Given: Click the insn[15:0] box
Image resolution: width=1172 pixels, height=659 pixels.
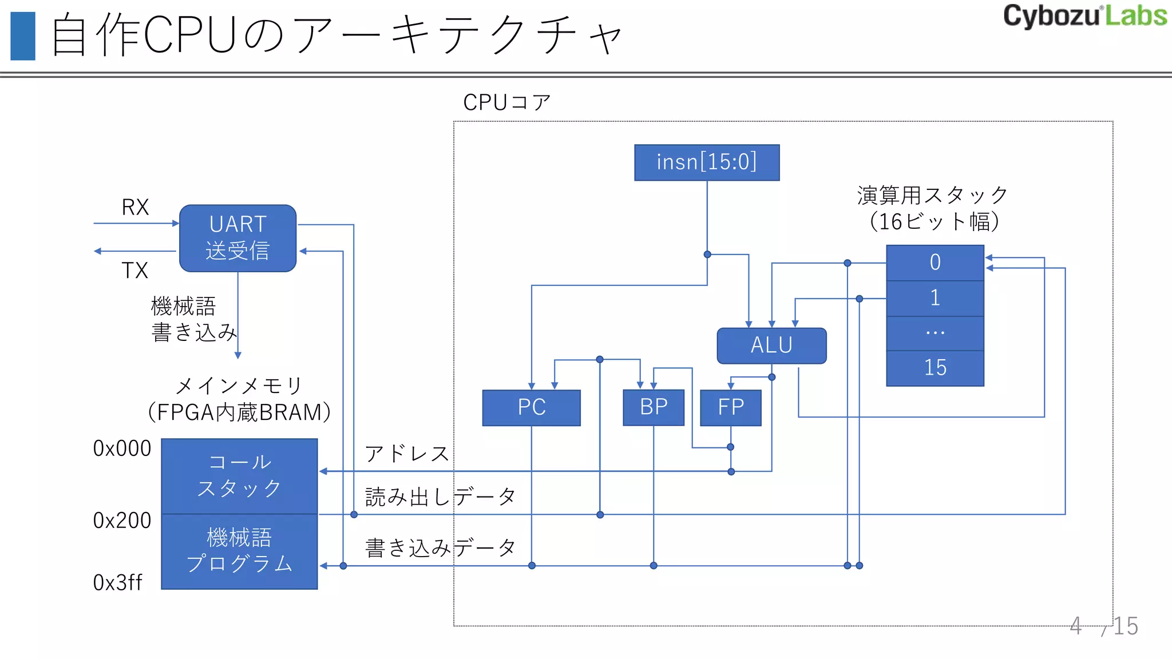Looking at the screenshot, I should pyautogui.click(x=707, y=162).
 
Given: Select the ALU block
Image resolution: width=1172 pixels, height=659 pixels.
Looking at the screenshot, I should pyautogui.click(x=771, y=346).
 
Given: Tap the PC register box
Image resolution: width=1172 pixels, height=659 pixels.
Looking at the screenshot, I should pyautogui.click(x=531, y=407).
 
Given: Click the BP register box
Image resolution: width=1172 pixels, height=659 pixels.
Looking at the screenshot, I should pyautogui.click(x=654, y=407).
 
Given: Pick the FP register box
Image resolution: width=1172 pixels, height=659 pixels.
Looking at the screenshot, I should pyautogui.click(x=731, y=407).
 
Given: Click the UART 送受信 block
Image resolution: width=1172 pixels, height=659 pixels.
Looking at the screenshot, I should pyautogui.click(x=237, y=238).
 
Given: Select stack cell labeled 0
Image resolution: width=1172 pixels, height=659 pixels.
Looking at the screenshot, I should pyautogui.click(x=935, y=263).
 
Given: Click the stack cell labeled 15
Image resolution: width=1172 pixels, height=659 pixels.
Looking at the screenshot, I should pyautogui.click(x=935, y=368).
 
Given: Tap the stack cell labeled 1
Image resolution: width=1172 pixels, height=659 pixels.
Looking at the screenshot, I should pyautogui.click(x=935, y=298).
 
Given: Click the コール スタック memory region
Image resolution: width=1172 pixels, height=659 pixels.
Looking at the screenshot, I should pyautogui.click(x=239, y=476).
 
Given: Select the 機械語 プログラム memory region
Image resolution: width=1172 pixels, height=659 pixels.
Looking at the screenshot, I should pyautogui.click(x=239, y=551).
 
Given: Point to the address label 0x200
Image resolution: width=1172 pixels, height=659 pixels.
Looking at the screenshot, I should pyautogui.click(x=122, y=521).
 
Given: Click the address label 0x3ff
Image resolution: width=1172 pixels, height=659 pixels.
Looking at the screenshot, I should pyautogui.click(x=117, y=583).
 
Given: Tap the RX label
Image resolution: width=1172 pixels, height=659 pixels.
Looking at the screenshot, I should pyautogui.click(x=135, y=207).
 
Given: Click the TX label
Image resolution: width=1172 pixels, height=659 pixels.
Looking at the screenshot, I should pyautogui.click(x=135, y=270).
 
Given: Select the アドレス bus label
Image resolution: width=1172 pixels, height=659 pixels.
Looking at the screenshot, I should pyautogui.click(x=407, y=454).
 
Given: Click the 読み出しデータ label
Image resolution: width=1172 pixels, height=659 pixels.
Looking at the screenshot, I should pyautogui.click(x=440, y=497).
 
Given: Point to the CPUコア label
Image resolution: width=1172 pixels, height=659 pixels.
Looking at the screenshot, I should pyautogui.click(x=506, y=102).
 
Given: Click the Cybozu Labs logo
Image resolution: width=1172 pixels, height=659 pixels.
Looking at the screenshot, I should pyautogui.click(x=1084, y=16).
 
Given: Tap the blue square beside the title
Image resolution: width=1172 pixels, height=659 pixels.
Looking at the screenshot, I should pyautogui.click(x=23, y=36).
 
